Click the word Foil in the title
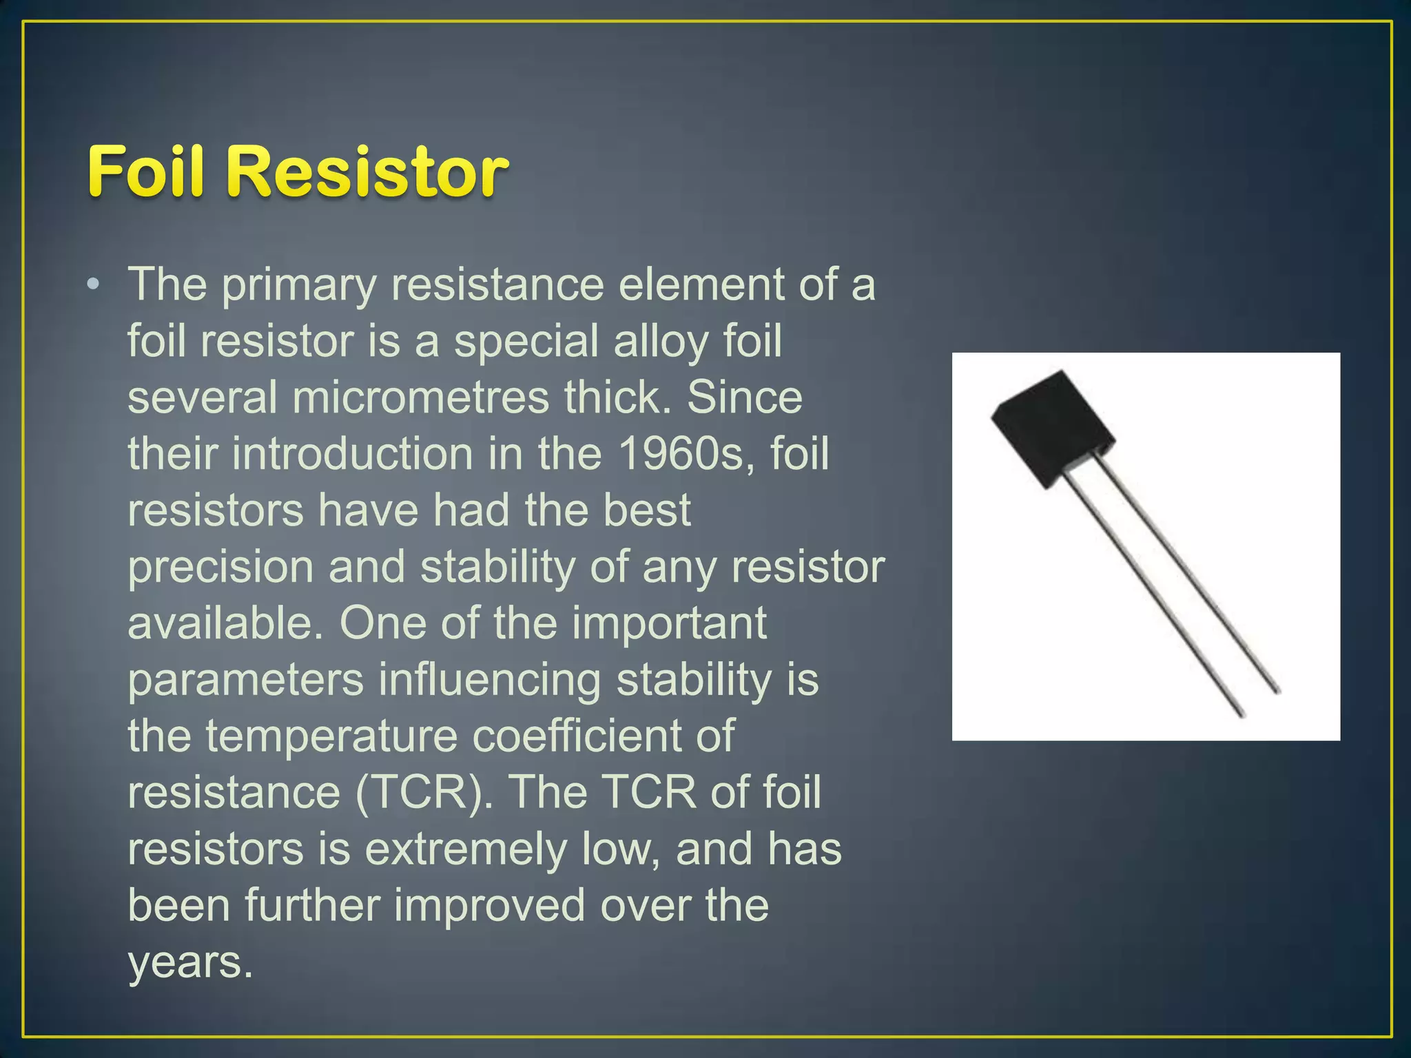(x=145, y=172)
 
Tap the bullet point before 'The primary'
(x=94, y=284)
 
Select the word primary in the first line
(x=298, y=285)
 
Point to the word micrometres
(x=420, y=398)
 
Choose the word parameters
(x=245, y=681)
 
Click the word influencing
(x=489, y=681)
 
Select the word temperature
(x=331, y=736)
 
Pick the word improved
(x=489, y=906)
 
